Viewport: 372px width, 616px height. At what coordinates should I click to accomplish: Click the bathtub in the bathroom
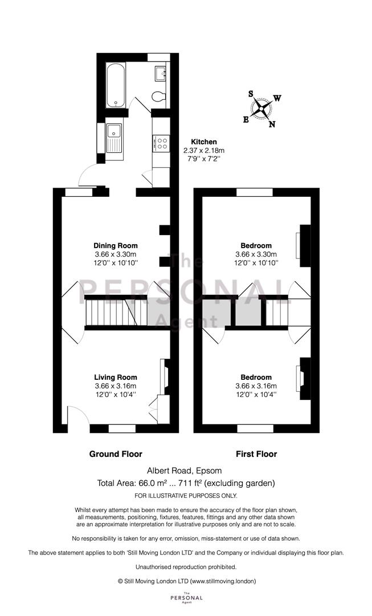point(116,85)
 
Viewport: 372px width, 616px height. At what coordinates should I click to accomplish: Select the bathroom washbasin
point(161,73)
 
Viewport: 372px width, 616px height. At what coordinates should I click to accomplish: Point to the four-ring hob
point(161,143)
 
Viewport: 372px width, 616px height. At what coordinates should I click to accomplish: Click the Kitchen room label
point(203,142)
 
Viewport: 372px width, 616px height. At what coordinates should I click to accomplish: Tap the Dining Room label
point(116,246)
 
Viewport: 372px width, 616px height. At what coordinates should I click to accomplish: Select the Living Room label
point(116,378)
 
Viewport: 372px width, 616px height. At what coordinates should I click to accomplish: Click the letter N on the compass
point(272,124)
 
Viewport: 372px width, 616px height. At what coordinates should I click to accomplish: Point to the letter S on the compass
point(251,94)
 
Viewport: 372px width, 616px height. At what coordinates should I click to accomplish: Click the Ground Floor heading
point(116,454)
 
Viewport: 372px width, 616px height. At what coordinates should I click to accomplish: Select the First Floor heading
point(256,454)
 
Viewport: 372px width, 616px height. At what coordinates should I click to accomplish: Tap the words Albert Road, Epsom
point(185,471)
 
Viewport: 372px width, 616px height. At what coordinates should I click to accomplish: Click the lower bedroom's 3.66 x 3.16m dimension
point(256,386)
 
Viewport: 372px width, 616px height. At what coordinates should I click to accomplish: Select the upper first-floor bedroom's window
point(254,192)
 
